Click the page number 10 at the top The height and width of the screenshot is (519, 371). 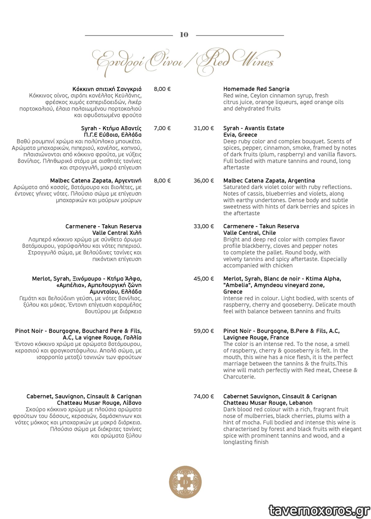tap(184, 35)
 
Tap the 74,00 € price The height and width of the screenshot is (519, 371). tap(204, 396)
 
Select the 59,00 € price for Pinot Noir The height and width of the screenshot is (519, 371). tap(204, 331)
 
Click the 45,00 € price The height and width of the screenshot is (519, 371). tap(204, 279)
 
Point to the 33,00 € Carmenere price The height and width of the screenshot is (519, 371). tap(204, 226)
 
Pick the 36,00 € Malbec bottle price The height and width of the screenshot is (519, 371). tap(204, 181)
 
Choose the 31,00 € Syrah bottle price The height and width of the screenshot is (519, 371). tap(204, 128)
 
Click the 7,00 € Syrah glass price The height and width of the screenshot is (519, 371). tap(162, 128)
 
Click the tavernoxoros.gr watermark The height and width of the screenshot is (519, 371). tap(319, 510)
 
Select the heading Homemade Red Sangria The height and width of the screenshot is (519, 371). tap(256, 89)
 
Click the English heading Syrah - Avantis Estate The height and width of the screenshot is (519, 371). tap(253, 128)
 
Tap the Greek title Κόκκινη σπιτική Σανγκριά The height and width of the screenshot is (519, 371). tap(107, 89)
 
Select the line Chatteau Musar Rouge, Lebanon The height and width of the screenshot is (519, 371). tap(268, 403)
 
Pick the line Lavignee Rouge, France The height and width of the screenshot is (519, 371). tap(256, 338)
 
